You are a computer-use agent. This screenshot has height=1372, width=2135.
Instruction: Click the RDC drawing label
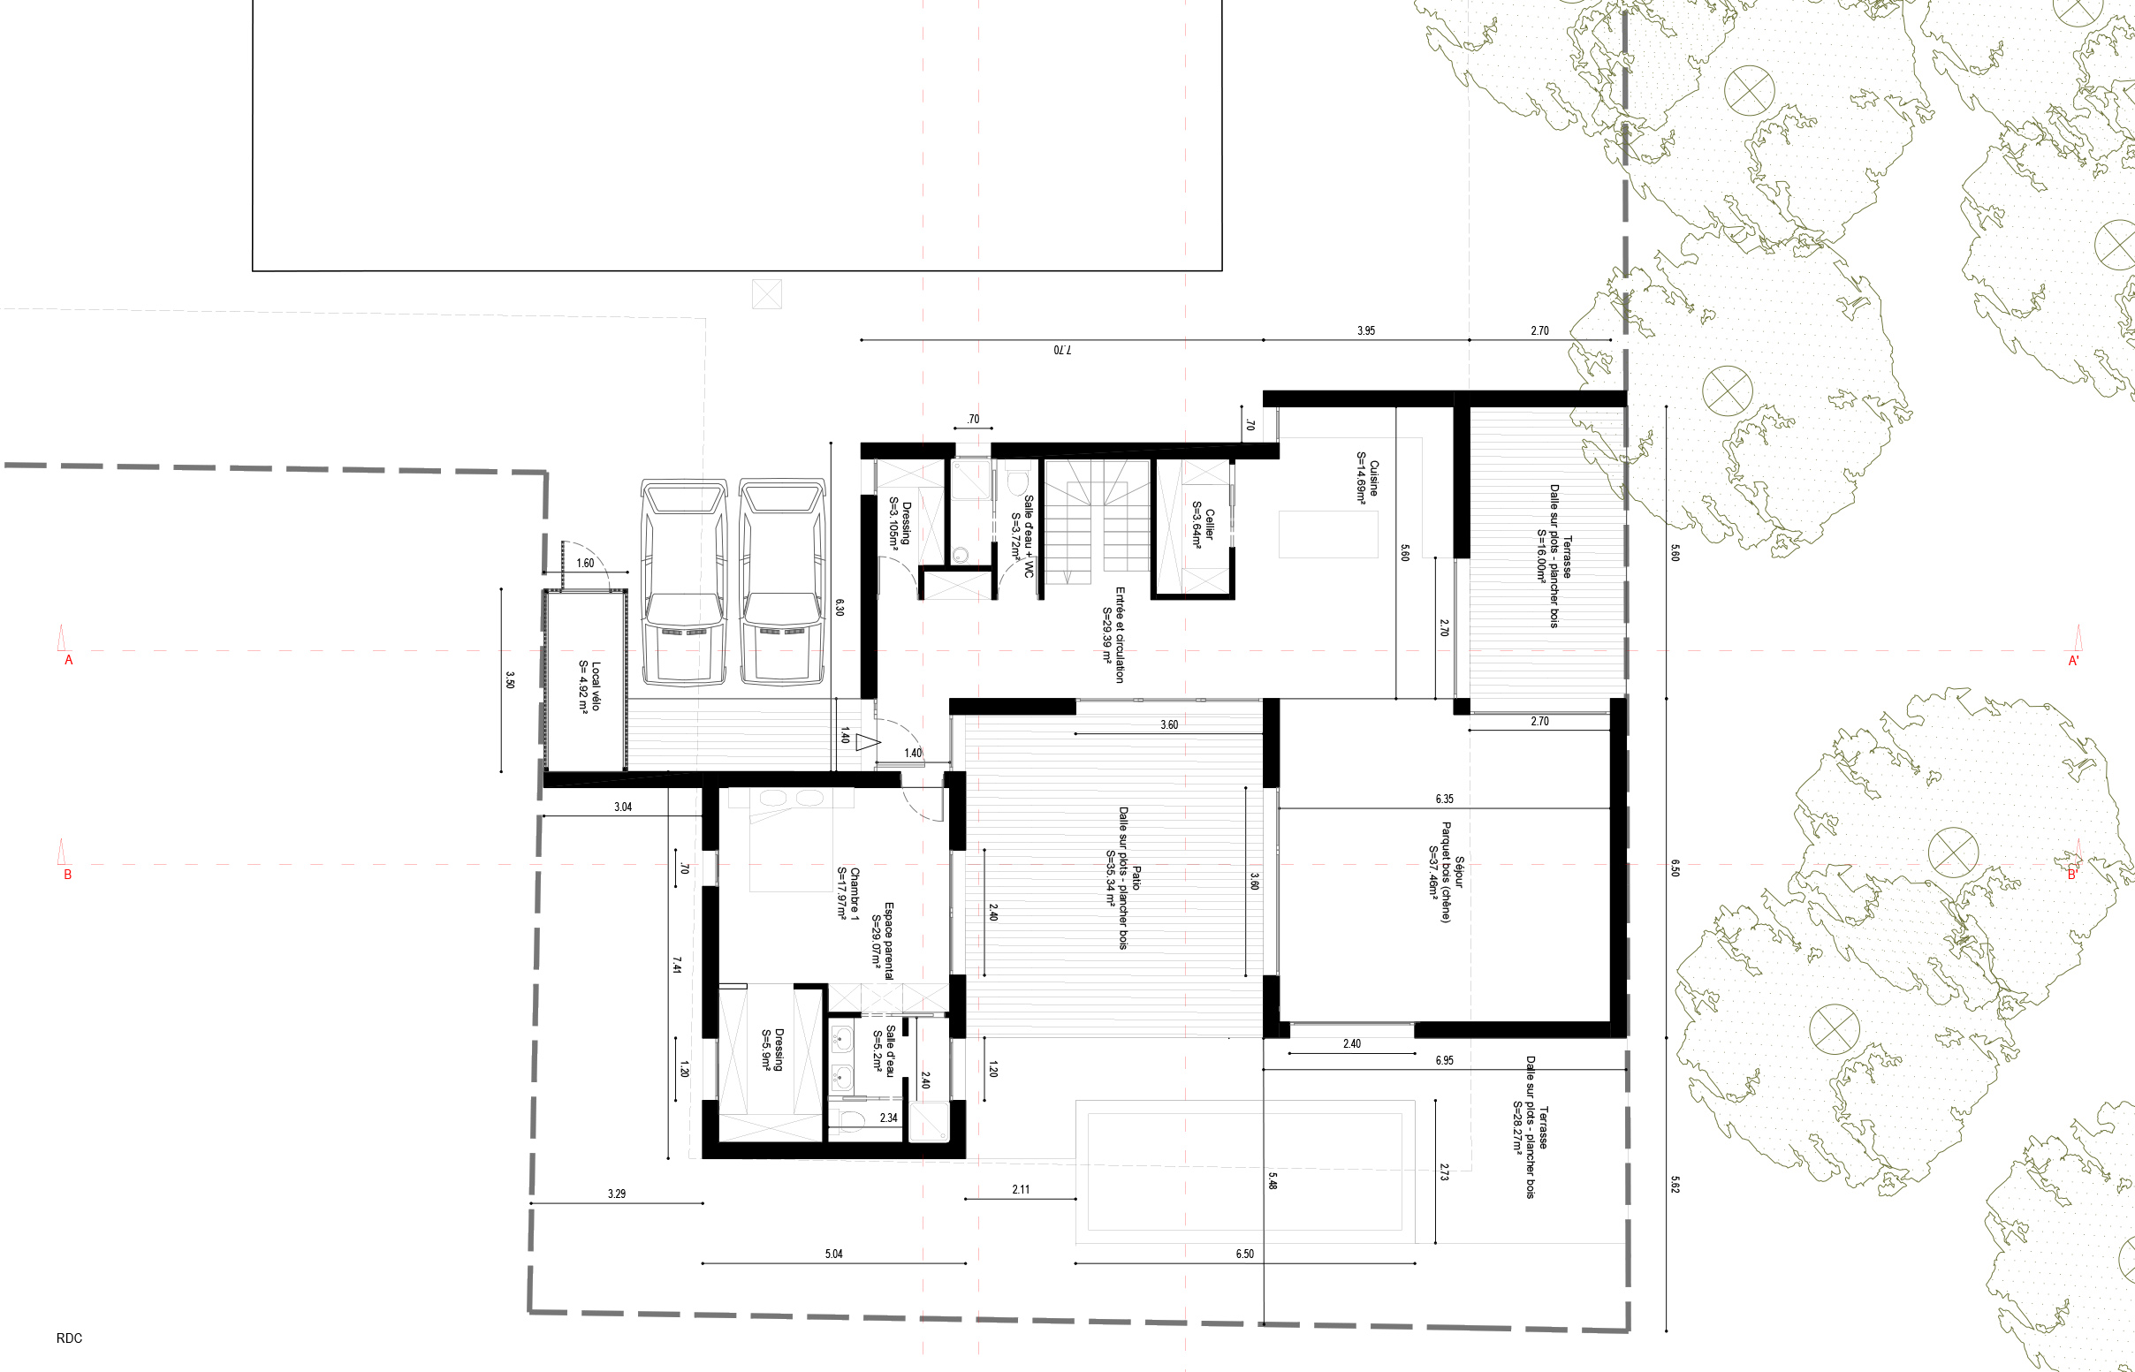(x=69, y=1338)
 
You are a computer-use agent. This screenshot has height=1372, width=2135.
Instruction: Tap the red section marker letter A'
(x=2073, y=661)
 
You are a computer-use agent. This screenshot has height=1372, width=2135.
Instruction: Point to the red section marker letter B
(x=67, y=875)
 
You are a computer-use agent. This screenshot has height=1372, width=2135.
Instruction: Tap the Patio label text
(x=1136, y=877)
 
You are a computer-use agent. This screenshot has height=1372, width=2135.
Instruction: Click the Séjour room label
(x=1459, y=872)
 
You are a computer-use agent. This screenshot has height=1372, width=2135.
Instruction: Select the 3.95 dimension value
(x=1366, y=330)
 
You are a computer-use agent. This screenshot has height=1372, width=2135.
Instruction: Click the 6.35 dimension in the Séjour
(x=1445, y=800)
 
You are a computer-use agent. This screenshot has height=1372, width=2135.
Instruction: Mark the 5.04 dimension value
(x=834, y=1254)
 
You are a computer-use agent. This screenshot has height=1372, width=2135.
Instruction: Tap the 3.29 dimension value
(x=617, y=1194)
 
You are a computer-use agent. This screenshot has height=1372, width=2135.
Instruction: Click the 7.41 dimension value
(x=677, y=965)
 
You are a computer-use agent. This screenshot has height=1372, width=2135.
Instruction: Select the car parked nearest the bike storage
(x=683, y=583)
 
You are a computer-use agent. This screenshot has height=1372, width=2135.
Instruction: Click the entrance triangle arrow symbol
(x=867, y=741)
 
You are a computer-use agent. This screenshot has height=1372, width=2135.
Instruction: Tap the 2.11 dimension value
(x=1022, y=1189)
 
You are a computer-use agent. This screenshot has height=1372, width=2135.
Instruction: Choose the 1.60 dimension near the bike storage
(x=584, y=563)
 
